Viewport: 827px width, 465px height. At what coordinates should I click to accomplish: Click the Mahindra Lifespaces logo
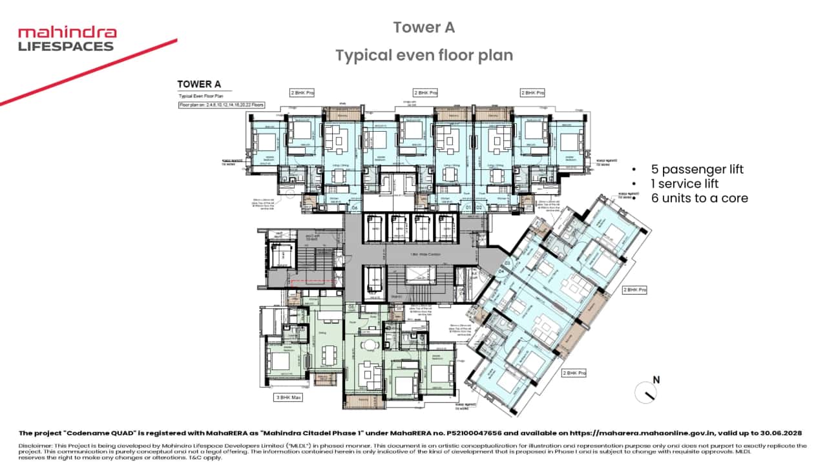(x=67, y=39)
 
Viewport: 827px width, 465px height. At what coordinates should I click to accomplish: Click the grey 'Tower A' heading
(x=424, y=27)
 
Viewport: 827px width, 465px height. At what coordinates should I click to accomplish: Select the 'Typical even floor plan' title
(x=424, y=56)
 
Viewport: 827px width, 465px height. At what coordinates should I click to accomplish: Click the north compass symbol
(x=646, y=391)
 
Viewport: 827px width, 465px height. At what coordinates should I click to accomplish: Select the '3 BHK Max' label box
(x=288, y=397)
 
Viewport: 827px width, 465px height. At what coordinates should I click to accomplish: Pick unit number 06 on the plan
(x=355, y=208)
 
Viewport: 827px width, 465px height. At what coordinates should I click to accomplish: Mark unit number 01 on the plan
(x=469, y=208)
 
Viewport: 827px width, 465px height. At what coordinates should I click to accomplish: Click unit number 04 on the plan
(x=501, y=271)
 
